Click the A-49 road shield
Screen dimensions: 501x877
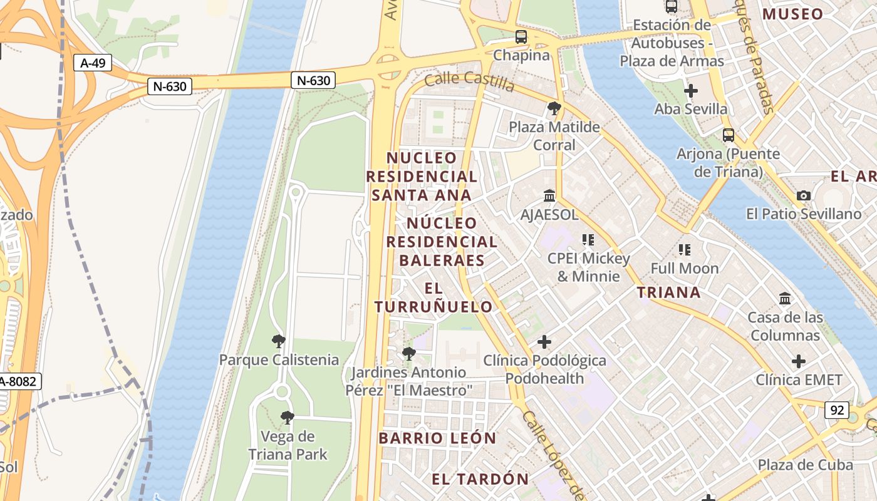click(93, 63)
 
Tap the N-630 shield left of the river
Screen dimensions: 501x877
click(169, 86)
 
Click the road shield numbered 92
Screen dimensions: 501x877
click(836, 411)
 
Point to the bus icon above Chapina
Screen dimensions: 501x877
click(521, 37)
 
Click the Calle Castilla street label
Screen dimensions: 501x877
click(469, 81)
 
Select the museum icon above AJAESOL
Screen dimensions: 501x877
click(549, 196)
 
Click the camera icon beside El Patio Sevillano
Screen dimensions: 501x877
click(803, 196)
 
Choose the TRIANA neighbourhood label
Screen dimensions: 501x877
click(668, 292)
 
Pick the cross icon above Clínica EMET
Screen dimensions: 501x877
click(798, 361)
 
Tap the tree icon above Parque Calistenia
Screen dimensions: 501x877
click(279, 341)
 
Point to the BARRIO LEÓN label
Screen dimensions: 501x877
click(437, 438)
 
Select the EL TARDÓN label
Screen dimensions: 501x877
click(480, 479)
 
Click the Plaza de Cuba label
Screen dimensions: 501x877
click(805, 465)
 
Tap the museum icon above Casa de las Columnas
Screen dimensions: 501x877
click(785, 299)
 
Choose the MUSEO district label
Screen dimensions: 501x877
click(792, 14)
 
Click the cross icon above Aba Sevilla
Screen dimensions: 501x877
click(690, 91)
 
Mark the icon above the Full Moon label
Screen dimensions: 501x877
click(684, 250)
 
